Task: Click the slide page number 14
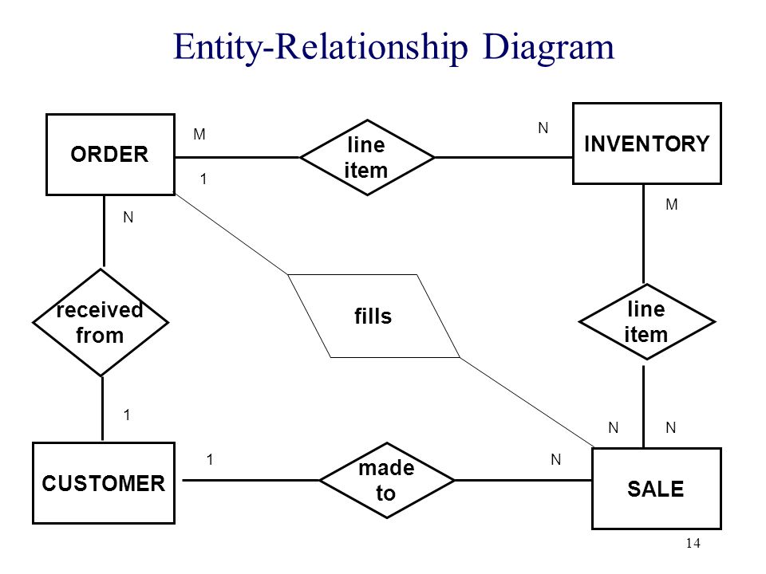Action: (x=693, y=543)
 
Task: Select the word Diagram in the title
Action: (x=548, y=47)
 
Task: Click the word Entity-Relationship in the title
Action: (x=321, y=47)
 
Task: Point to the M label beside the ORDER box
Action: (x=199, y=134)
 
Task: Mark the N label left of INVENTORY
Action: (x=543, y=128)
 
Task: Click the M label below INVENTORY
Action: (x=672, y=205)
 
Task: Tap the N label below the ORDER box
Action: (x=128, y=217)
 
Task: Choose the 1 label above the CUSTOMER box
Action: (x=127, y=415)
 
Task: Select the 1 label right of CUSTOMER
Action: (x=210, y=459)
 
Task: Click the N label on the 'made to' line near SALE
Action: (x=556, y=459)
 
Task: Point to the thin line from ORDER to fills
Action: (x=231, y=234)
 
